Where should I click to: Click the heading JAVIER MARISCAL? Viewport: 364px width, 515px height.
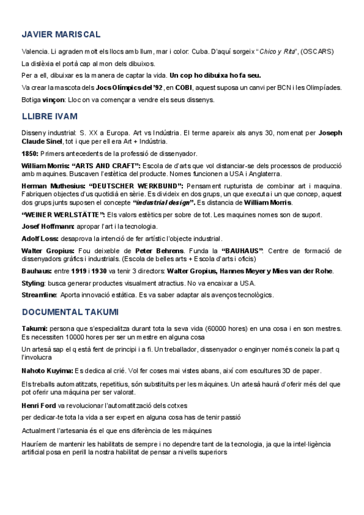[61, 35]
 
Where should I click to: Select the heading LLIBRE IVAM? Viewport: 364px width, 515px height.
[49, 115]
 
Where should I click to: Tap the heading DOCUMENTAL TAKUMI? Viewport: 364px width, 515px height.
[70, 312]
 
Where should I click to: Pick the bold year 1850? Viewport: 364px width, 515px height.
[30, 155]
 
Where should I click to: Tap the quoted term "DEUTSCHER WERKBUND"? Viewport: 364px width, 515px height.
[136, 186]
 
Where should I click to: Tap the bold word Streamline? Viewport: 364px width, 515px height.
[39, 295]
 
